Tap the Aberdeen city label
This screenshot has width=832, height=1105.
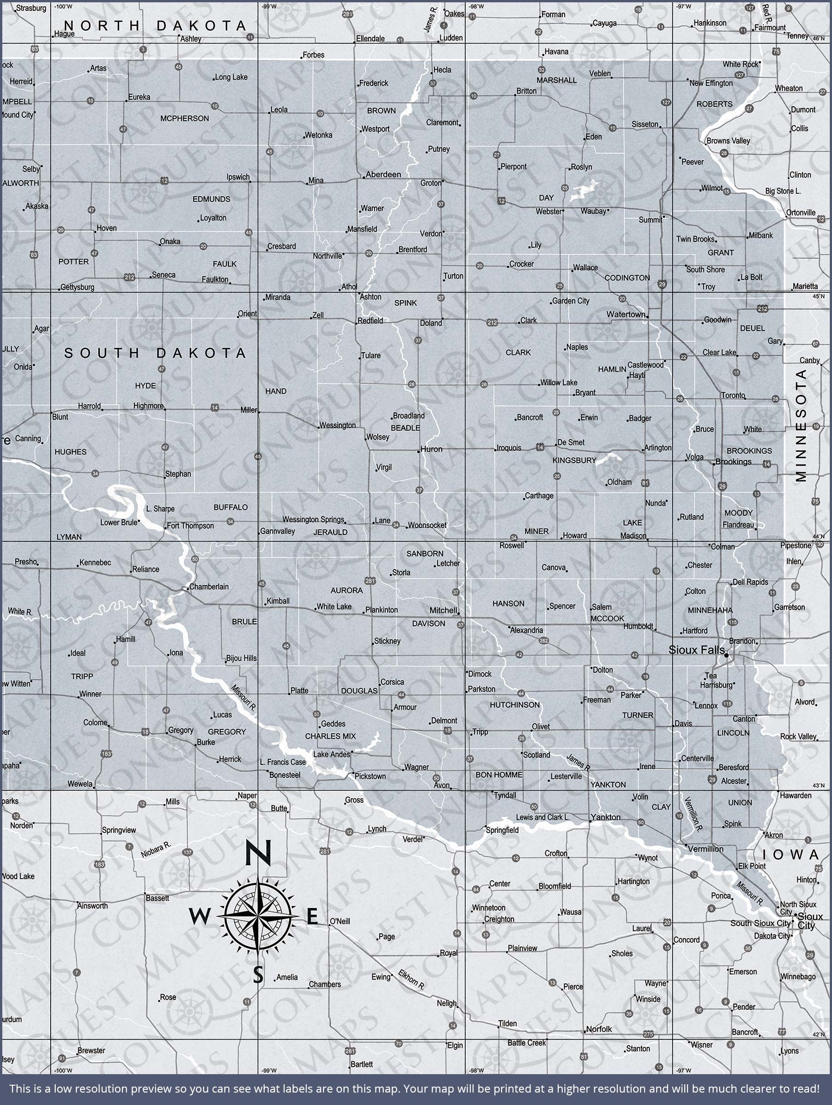[383, 174]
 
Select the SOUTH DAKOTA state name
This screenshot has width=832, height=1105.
[156, 353]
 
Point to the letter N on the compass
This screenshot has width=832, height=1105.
[258, 853]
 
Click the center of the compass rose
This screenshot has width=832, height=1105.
[258, 917]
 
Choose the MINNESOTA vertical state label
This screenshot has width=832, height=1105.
[801, 425]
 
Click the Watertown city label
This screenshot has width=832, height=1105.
[626, 314]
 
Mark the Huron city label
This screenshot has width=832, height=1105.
[431, 449]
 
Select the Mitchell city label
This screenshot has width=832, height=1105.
[444, 610]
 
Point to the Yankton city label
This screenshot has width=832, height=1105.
[605, 817]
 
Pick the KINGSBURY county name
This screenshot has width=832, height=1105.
[574, 460]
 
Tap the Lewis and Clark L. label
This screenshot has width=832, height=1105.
[543, 817]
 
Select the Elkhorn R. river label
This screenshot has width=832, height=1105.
[411, 980]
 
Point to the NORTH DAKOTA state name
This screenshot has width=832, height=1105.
[156, 26]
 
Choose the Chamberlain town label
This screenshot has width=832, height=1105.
[209, 587]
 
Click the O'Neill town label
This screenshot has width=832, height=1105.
[340, 921]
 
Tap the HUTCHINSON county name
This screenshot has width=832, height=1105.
[514, 705]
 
